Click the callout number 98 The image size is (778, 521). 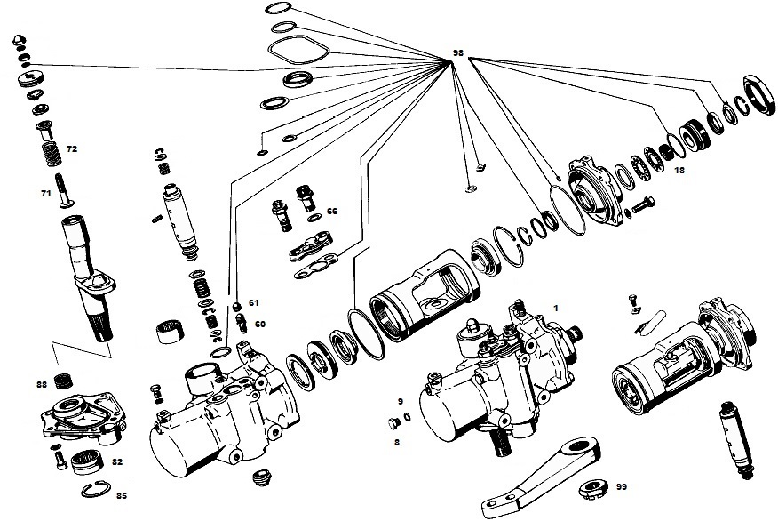(458, 53)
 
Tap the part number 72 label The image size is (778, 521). (72, 149)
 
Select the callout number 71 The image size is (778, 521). (45, 192)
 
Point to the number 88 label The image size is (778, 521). (42, 384)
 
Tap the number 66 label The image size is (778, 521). (332, 212)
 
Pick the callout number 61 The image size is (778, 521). (253, 302)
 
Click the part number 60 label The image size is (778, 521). (259, 324)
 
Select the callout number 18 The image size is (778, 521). (679, 169)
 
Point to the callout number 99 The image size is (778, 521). (621, 486)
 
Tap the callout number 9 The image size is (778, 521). (401, 401)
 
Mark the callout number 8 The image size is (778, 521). (397, 440)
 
